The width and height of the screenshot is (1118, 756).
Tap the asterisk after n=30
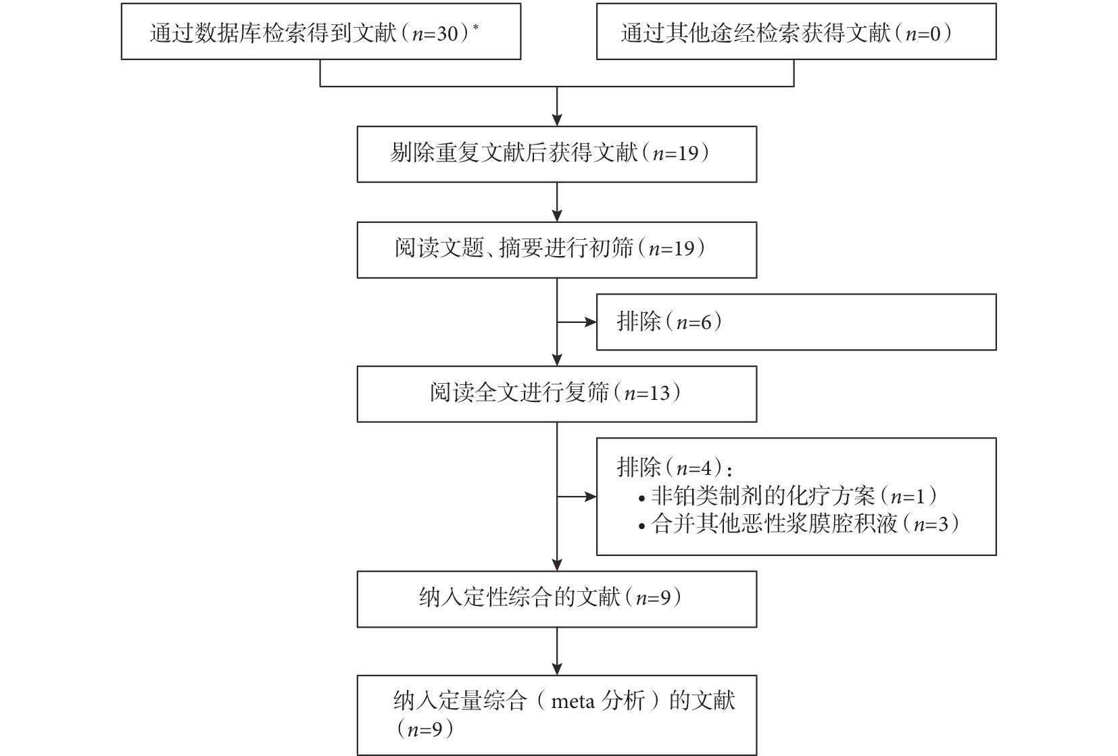[x=475, y=27]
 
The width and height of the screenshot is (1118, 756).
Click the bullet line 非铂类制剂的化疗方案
[x=787, y=496]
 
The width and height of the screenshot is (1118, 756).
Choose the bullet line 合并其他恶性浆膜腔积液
[x=798, y=524]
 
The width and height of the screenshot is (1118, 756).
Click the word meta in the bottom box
[x=573, y=701]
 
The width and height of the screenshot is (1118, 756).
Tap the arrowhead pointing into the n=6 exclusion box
[x=591, y=322]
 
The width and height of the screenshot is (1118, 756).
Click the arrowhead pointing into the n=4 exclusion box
[x=591, y=497]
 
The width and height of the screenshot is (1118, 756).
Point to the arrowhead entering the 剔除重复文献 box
[x=557, y=120]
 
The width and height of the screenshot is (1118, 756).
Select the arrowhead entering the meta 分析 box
[x=557, y=669]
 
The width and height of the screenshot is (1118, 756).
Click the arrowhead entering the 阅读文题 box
[x=557, y=216]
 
